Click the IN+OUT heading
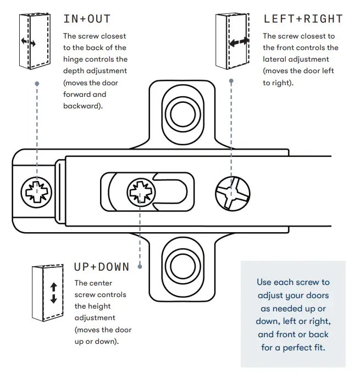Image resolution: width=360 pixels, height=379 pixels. point(87,19)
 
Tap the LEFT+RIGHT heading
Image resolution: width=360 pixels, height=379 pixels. point(303,19)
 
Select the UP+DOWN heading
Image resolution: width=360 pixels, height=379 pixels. point(102,267)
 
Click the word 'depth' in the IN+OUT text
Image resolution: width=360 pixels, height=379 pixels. point(75,71)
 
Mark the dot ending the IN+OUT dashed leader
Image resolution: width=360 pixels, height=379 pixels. point(37,84)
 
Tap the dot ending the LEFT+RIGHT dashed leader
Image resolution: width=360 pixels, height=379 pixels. point(231,81)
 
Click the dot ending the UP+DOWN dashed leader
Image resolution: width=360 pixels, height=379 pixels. point(140,266)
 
